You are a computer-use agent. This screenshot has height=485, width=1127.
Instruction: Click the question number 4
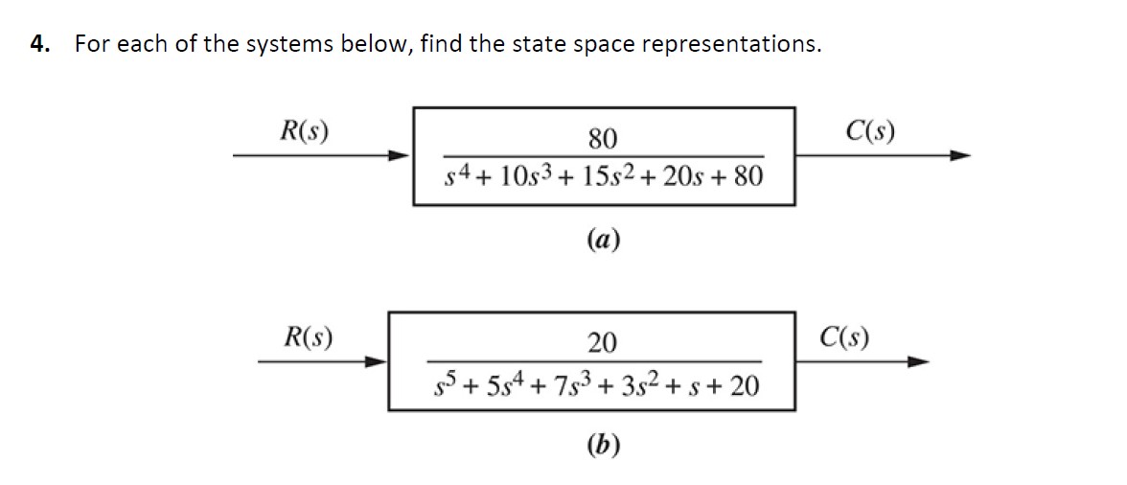pyautogui.click(x=39, y=44)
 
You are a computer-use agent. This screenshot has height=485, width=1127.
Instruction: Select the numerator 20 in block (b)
pyautogui.click(x=603, y=342)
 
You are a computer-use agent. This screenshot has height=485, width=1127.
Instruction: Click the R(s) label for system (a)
pyautogui.click(x=304, y=131)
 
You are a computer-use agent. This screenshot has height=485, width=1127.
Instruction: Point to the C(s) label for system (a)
pyautogui.click(x=870, y=131)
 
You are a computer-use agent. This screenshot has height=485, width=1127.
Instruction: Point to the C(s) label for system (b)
pyautogui.click(x=845, y=336)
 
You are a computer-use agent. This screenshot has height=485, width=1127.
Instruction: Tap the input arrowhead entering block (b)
pyautogui.click(x=376, y=361)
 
